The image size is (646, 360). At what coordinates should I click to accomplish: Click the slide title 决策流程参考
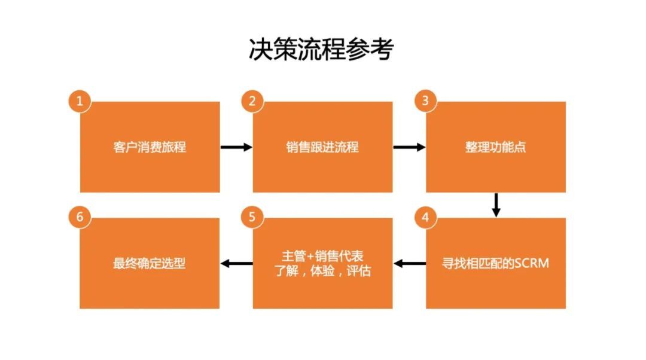[321, 49]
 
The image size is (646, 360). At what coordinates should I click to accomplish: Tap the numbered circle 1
[80, 101]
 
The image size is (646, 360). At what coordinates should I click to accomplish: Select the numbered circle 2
[252, 101]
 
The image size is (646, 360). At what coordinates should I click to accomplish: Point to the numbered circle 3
[425, 101]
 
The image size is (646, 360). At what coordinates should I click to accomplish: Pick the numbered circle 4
[425, 217]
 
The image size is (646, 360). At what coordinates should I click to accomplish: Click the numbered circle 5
[252, 217]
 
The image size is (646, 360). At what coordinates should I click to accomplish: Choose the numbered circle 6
[80, 217]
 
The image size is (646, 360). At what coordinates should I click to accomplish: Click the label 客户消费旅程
[150, 147]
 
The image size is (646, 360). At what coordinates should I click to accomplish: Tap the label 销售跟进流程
[322, 147]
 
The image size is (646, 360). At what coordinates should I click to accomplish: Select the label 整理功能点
[496, 147]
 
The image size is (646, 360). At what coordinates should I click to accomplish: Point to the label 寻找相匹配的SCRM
[496, 263]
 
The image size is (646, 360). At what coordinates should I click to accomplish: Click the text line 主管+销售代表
[322, 256]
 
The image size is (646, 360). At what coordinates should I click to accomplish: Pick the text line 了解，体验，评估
[322, 271]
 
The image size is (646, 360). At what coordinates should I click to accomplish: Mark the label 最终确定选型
[150, 263]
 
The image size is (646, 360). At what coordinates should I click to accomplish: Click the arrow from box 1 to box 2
[236, 147]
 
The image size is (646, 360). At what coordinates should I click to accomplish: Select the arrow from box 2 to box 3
[409, 147]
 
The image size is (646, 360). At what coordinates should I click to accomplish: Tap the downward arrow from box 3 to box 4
[496, 205]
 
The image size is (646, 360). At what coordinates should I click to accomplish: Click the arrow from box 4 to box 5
[410, 263]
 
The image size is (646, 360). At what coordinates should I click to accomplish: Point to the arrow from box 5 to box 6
[236, 263]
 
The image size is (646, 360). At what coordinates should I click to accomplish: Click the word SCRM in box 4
[532, 263]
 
